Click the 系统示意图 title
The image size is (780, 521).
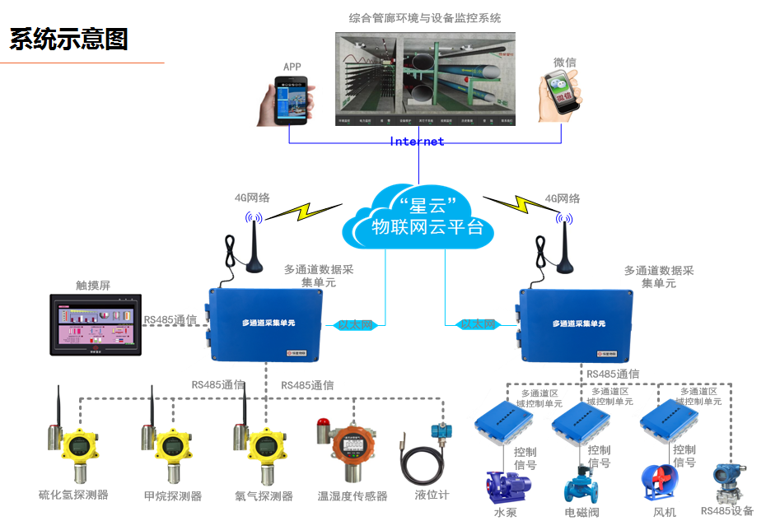point(69,39)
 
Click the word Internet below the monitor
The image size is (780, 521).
point(417,142)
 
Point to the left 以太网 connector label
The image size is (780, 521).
point(356,325)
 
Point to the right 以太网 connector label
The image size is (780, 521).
point(478,325)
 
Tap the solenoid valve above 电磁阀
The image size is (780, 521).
point(582,486)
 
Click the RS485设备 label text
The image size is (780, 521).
point(726,511)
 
